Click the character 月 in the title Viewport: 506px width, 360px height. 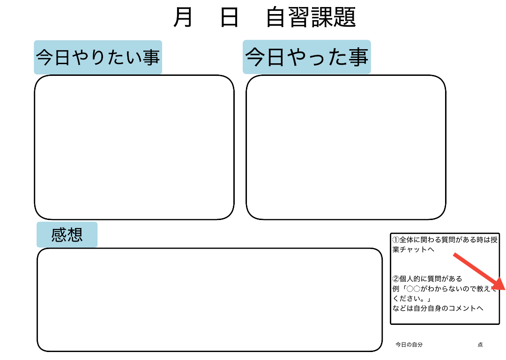[183, 17]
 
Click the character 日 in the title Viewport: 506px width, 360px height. [230, 17]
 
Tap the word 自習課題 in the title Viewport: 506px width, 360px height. [311, 17]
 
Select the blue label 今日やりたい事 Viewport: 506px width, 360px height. [98, 57]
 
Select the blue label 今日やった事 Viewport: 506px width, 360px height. [306, 57]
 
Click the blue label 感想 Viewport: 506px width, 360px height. [67, 235]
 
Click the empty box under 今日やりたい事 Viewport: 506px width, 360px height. [134, 147]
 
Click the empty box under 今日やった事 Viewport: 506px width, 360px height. [346, 147]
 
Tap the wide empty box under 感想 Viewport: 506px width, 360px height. [210, 300]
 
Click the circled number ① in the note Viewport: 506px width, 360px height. [396, 240]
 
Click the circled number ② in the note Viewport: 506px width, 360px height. [396, 279]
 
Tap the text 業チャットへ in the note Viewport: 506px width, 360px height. [413, 250]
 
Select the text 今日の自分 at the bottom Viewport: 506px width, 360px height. [409, 345]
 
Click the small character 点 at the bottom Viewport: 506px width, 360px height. [480, 345]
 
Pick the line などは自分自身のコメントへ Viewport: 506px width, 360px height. [438, 308]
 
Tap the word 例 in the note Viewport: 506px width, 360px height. [396, 289]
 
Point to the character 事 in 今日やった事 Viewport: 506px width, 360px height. [358, 57]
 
